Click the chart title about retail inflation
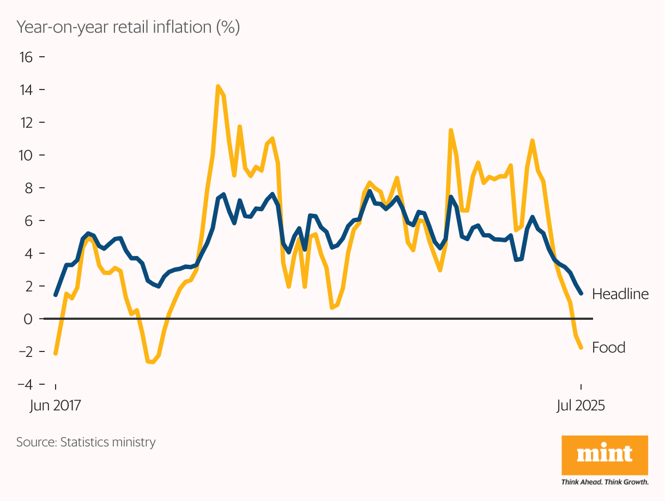point(128,27)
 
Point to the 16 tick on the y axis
point(26,57)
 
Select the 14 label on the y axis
point(26,90)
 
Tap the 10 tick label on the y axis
point(26,155)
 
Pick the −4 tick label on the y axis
point(24,384)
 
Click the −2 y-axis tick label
point(24,351)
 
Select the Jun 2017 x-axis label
point(55,406)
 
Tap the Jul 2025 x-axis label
point(581,406)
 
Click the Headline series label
point(620,294)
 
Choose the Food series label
point(608,347)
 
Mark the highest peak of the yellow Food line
point(218,86)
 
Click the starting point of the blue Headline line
point(56,295)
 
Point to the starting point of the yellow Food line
point(56,354)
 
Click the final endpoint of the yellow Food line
point(582,348)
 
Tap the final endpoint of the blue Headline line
point(582,294)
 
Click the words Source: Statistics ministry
point(86,442)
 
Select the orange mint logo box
point(604,455)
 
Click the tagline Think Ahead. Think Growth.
point(604,482)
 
